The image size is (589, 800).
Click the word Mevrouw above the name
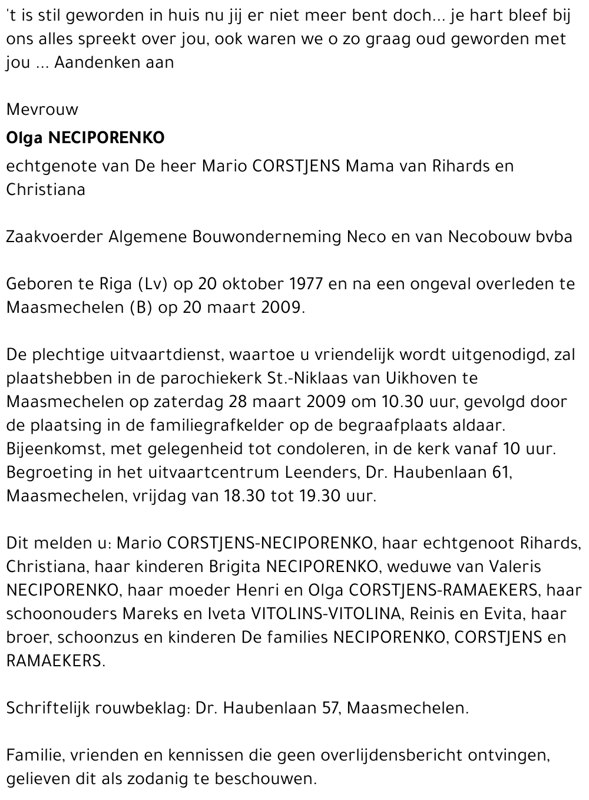click(42, 110)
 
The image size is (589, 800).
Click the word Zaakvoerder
click(54, 237)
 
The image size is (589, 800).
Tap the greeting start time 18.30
click(244, 496)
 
